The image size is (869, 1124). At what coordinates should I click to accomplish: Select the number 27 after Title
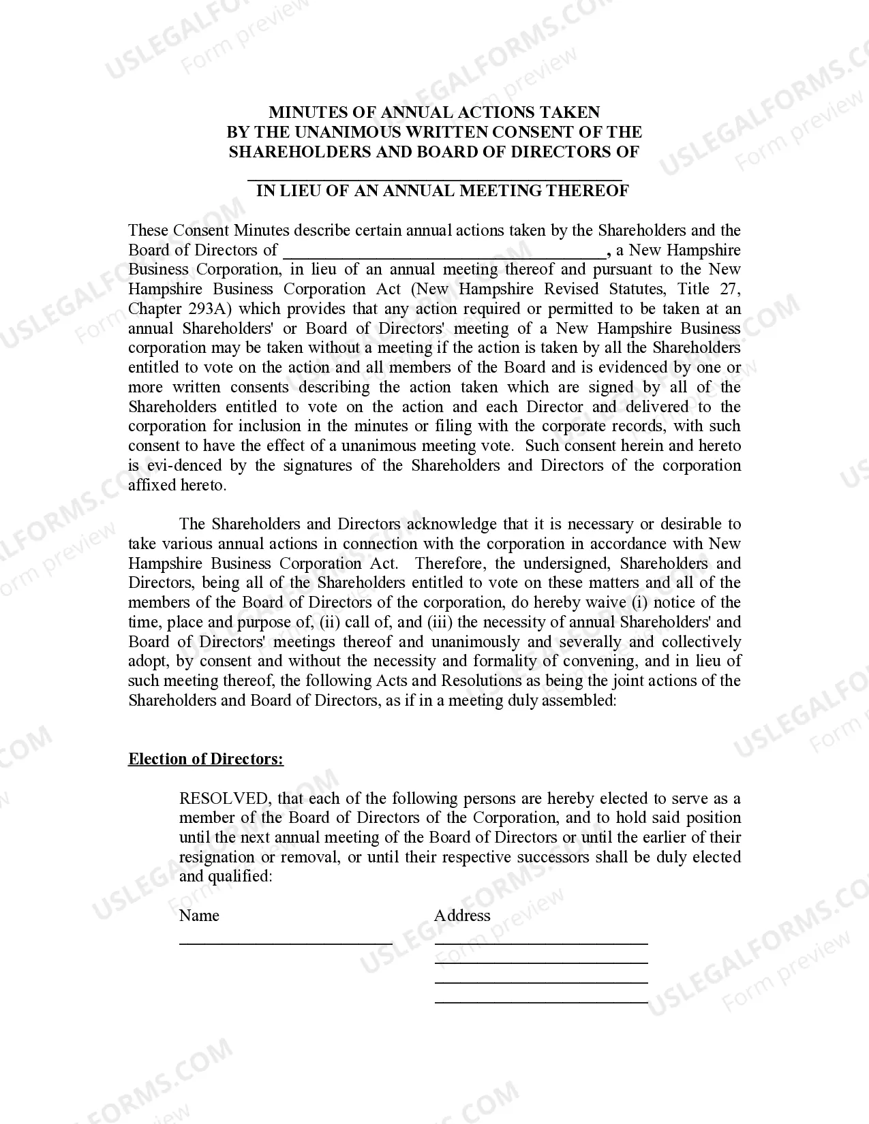click(x=729, y=290)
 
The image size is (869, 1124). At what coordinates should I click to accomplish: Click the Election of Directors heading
click(x=206, y=760)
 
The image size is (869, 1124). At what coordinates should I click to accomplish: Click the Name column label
click(x=199, y=916)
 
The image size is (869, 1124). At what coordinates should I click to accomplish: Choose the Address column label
click(x=462, y=916)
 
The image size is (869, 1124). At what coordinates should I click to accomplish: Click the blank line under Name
click(x=286, y=943)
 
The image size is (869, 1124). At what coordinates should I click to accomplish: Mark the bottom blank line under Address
click(x=541, y=1002)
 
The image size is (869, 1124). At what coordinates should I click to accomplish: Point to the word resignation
click(x=217, y=858)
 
